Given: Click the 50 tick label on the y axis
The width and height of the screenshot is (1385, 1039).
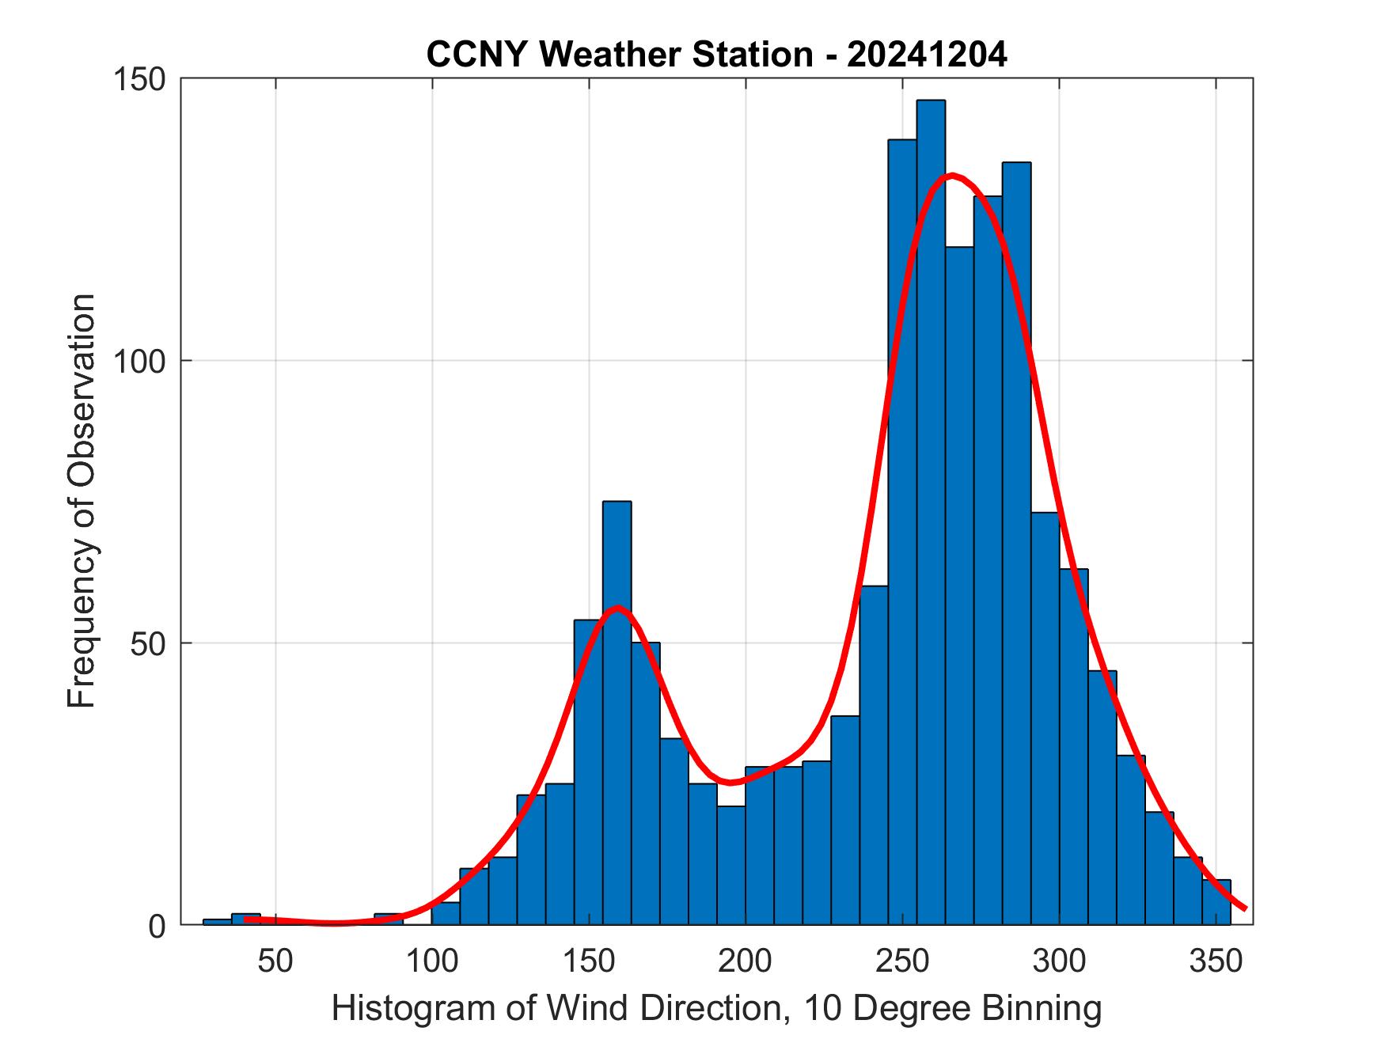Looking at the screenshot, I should (x=149, y=643).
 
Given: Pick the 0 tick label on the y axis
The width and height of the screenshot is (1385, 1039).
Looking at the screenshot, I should (x=157, y=926).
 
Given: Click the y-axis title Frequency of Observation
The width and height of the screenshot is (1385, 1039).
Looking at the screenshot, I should (x=82, y=501).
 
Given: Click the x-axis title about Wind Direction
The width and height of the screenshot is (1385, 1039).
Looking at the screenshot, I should (x=716, y=1008).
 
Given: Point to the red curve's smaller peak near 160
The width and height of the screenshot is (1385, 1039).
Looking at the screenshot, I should (x=618, y=608).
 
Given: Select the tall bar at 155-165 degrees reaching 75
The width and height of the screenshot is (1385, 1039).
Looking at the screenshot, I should (x=617, y=712).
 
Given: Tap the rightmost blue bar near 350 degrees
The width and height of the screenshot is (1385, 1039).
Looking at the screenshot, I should (x=1216, y=902).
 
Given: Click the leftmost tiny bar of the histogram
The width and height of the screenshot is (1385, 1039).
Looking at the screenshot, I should (x=217, y=922).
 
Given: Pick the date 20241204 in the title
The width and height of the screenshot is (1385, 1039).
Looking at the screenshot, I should (x=927, y=55).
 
